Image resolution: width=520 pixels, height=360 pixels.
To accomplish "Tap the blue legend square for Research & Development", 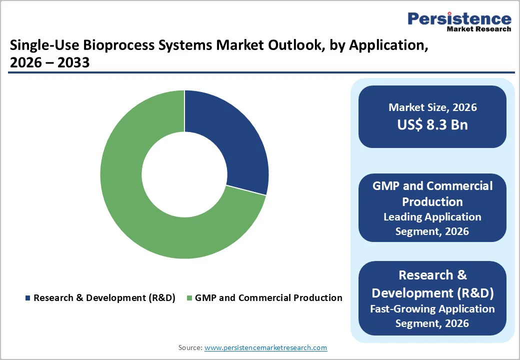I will coord(27,298).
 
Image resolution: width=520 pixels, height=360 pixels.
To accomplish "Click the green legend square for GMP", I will coord(189,298).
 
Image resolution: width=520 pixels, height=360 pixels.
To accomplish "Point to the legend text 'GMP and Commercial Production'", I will coord(268,298).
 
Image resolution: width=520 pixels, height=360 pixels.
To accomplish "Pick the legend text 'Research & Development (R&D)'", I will coord(104,298).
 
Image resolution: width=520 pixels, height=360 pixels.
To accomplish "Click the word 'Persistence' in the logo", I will coord(459,19).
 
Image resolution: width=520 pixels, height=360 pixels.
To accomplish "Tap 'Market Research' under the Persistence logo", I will coord(479,29).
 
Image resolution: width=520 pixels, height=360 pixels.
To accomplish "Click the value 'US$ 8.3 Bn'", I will coord(432,124).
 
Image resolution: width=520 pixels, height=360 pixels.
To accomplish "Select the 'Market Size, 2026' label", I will coord(432,107).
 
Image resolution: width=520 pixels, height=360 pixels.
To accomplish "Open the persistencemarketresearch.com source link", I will coord(265,347).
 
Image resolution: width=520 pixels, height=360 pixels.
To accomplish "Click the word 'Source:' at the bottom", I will coord(190,347).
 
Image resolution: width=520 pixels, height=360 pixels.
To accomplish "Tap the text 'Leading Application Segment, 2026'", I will coord(432,224).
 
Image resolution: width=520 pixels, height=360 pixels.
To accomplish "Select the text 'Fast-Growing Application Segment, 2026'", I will coord(432,316).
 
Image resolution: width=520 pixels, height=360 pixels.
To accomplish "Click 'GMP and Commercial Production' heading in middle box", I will coord(432,194).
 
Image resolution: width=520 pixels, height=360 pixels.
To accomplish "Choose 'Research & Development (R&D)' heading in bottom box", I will coord(432,283).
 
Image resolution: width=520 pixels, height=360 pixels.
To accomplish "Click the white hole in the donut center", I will coord(184,174).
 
